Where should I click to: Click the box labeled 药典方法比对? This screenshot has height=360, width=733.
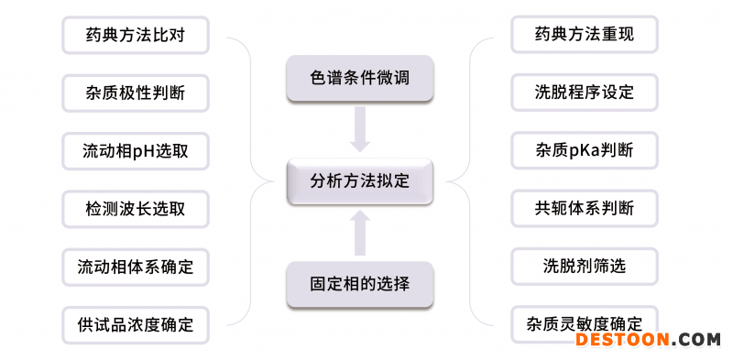tap(136, 35)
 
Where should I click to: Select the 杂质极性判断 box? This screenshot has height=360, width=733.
tap(136, 93)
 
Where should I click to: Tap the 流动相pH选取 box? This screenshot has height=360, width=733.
tap(136, 151)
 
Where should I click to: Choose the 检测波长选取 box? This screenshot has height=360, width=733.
tap(136, 209)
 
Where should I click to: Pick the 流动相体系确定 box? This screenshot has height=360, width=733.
tap(136, 267)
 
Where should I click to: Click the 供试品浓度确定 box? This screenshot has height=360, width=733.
tap(136, 324)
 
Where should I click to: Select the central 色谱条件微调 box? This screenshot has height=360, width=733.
tap(359, 79)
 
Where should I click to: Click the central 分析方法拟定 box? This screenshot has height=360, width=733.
tap(359, 180)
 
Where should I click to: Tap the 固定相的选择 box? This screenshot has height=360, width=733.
tap(359, 283)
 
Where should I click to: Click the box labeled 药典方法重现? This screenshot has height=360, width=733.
tap(585, 35)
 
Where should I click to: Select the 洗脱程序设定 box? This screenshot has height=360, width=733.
tap(585, 93)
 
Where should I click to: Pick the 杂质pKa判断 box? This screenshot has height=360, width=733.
tap(585, 151)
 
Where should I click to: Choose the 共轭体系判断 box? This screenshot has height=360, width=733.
tap(585, 209)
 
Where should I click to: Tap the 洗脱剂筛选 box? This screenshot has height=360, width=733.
tap(585, 267)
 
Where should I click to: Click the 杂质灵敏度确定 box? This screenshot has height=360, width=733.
tap(585, 323)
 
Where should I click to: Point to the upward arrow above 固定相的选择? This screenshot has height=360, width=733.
tap(360, 232)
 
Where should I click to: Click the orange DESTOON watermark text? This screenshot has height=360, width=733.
tap(625, 341)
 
